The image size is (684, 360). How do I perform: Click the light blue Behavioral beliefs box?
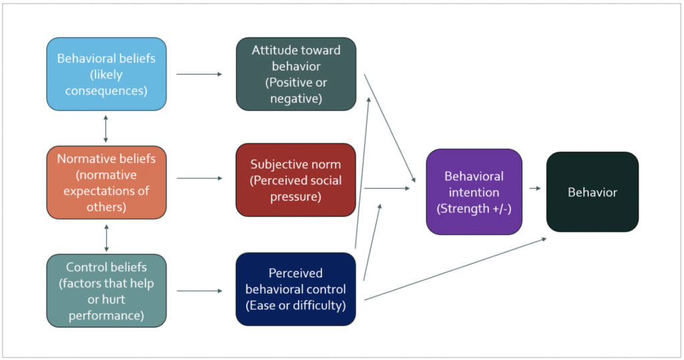point(106,73)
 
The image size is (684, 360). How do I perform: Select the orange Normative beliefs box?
point(106,182)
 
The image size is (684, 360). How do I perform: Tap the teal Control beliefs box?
point(106,291)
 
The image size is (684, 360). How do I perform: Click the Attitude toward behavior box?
point(296,73)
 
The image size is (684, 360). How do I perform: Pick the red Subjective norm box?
point(296,180)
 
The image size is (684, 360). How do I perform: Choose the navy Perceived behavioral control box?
point(296,289)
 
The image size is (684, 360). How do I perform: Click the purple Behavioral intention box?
point(474,192)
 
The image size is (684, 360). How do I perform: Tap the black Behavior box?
point(592,192)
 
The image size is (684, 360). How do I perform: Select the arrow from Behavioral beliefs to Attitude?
point(199,74)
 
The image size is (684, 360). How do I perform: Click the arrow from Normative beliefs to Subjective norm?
point(199,178)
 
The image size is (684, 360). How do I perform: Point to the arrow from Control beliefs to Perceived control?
point(199,291)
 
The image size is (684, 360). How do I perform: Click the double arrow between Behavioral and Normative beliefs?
point(106,128)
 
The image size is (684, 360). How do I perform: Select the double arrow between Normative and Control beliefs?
point(106,236)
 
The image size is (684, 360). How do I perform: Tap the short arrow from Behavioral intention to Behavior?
point(534,188)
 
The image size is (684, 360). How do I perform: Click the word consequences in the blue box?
point(106,90)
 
